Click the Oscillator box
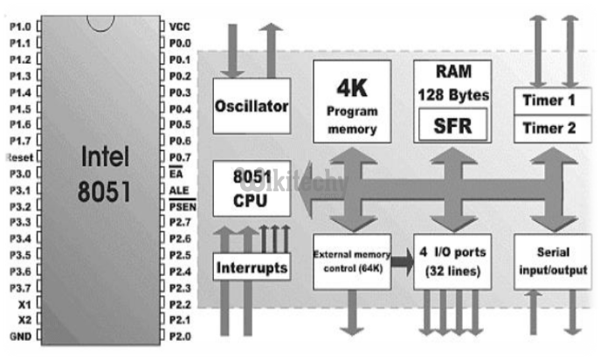[x=251, y=107]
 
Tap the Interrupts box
[x=251, y=267]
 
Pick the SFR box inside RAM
[x=452, y=125]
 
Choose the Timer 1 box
[x=548, y=100]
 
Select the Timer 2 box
[x=548, y=128]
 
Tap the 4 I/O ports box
[x=452, y=260]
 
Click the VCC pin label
[x=180, y=26]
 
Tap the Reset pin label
[x=18, y=157]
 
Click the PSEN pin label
[x=183, y=206]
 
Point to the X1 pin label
[x=24, y=304]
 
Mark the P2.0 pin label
[x=181, y=336]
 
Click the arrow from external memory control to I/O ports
[x=402, y=260]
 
